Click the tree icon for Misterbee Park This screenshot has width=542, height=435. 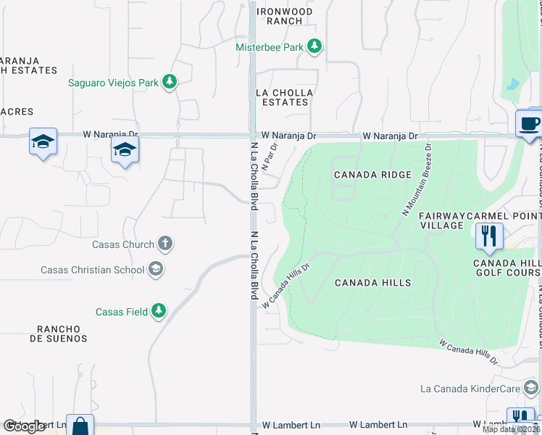(314, 47)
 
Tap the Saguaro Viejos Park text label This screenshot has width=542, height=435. (113, 83)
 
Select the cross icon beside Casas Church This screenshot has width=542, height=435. (165, 244)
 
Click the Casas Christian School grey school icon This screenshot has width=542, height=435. (155, 270)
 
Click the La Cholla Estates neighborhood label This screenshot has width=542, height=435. (285, 98)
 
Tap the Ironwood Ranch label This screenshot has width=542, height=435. (285, 17)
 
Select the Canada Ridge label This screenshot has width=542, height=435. (372, 175)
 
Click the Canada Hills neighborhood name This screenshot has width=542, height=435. (372, 283)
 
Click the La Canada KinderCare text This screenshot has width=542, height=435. (471, 389)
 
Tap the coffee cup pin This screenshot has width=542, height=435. (529, 123)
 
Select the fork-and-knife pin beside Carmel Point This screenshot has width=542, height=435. (490, 236)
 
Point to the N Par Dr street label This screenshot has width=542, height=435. (270, 157)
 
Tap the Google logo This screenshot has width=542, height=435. (25, 426)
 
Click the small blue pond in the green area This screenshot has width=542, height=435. (513, 83)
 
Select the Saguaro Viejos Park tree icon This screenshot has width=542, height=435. (170, 82)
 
